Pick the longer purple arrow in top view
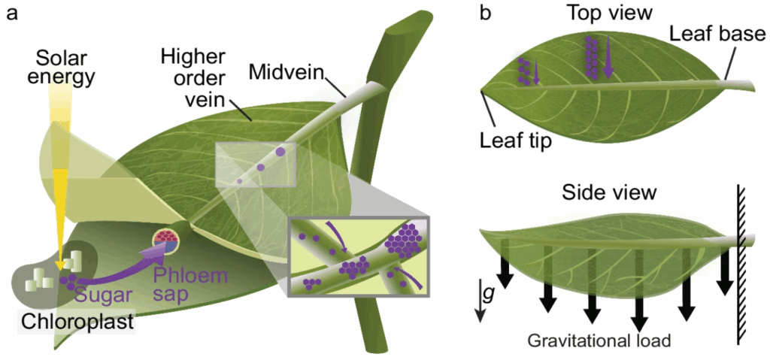[608, 58]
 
